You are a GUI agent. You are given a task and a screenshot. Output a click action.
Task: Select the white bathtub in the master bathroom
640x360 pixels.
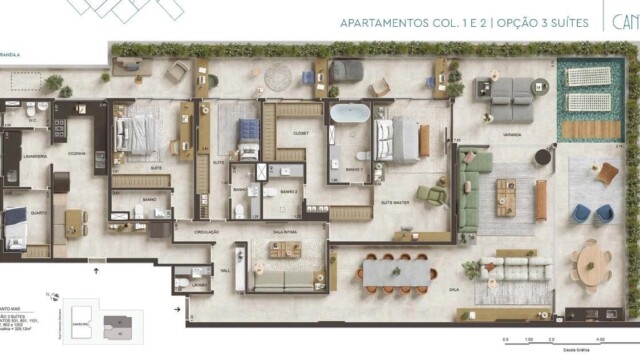tap(349, 114)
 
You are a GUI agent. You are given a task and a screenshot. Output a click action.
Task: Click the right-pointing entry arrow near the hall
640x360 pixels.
tap(177, 310)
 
